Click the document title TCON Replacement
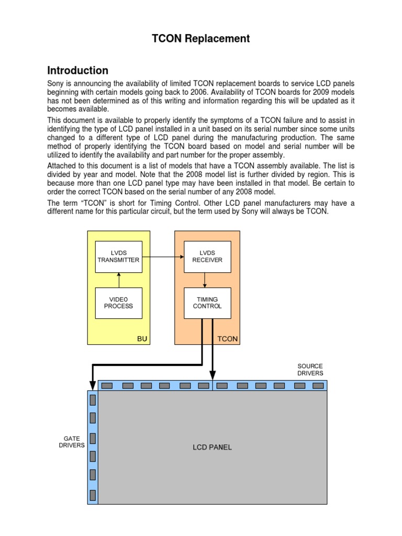click(x=200, y=39)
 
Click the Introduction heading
click(x=78, y=71)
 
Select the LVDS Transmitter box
click(x=118, y=256)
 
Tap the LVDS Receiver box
click(x=207, y=256)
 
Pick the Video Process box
click(x=118, y=303)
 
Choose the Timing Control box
click(x=207, y=303)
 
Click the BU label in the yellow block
click(x=142, y=339)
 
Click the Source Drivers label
click(x=310, y=370)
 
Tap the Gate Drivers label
click(x=72, y=441)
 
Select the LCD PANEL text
click(x=212, y=448)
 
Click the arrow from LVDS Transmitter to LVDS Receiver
click(x=163, y=257)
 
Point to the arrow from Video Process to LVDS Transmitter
click(x=119, y=280)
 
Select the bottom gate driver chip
click(x=93, y=495)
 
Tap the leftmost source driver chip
click(x=107, y=386)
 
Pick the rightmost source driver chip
click(x=318, y=386)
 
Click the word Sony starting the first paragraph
click(x=56, y=84)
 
